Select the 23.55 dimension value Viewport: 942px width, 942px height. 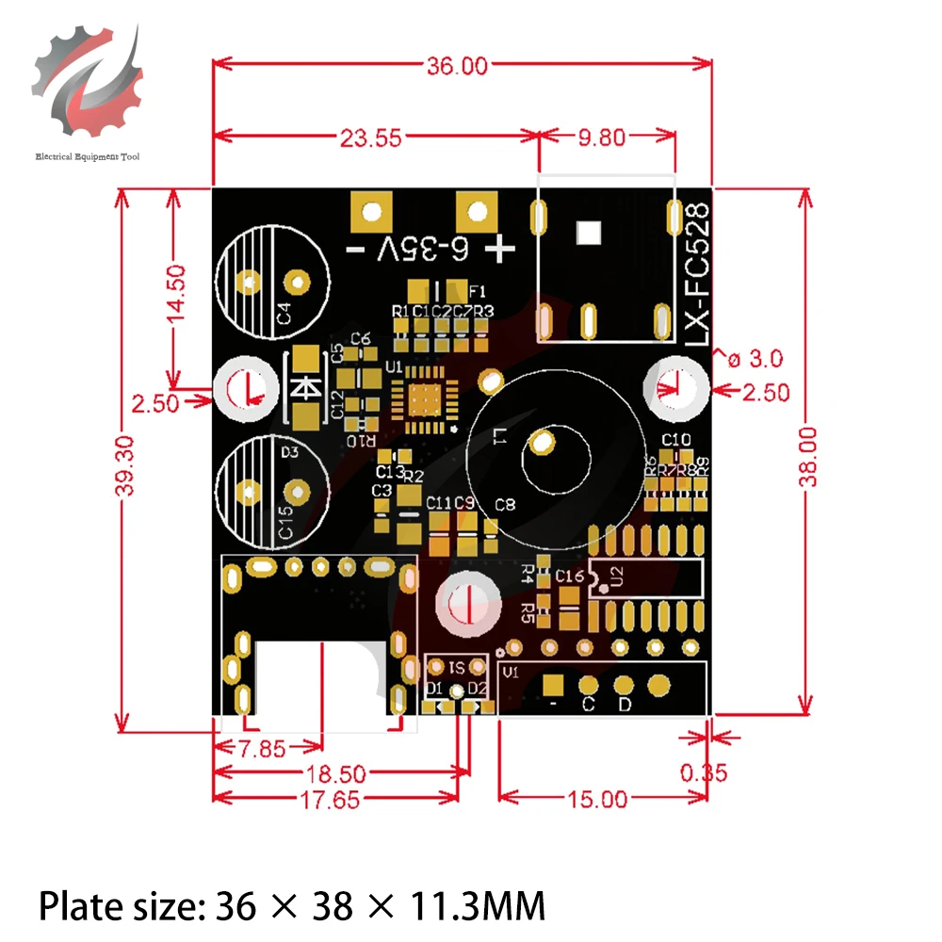point(370,138)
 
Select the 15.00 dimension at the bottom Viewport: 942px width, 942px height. point(597,800)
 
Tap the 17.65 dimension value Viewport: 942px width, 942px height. point(333,801)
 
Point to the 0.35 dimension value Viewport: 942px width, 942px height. point(704,772)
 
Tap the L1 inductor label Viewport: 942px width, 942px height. point(500,436)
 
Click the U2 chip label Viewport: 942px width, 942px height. point(617,577)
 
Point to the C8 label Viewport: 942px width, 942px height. point(506,505)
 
